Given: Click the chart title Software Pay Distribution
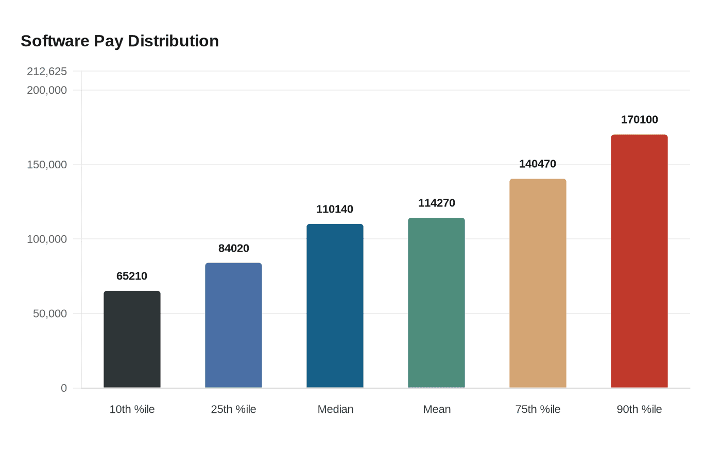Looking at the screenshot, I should (x=119, y=41).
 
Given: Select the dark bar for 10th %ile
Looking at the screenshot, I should (x=132, y=339).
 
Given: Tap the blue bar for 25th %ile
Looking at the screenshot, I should (x=233, y=325).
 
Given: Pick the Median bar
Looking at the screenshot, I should (x=335, y=306).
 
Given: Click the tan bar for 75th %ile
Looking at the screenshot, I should (x=538, y=283).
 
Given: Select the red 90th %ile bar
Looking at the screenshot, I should (x=639, y=261).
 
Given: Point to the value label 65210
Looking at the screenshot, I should (x=132, y=276).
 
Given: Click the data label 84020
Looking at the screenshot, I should (x=233, y=248).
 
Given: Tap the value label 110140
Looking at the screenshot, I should (x=335, y=209).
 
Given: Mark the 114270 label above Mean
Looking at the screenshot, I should (x=436, y=203).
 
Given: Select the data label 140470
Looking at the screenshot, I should (x=538, y=164).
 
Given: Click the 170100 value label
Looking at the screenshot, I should (x=639, y=119).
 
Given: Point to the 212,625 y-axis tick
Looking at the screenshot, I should (x=47, y=71).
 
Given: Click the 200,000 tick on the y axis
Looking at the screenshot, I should (x=47, y=90).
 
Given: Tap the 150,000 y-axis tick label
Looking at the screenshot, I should (x=47, y=165).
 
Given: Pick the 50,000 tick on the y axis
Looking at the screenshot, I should (x=50, y=313).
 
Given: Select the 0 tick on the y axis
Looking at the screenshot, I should (x=64, y=388).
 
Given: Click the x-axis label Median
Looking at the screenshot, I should (x=335, y=409).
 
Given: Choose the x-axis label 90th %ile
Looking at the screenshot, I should (x=639, y=409).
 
